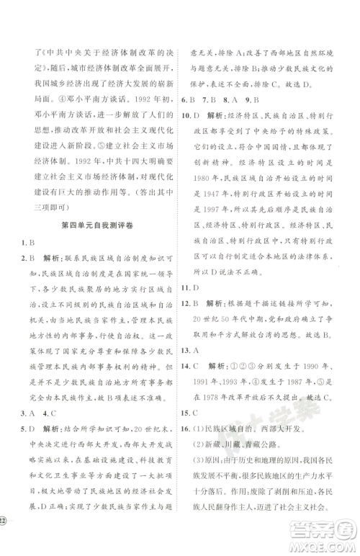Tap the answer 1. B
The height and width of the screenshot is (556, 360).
(27, 243)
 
